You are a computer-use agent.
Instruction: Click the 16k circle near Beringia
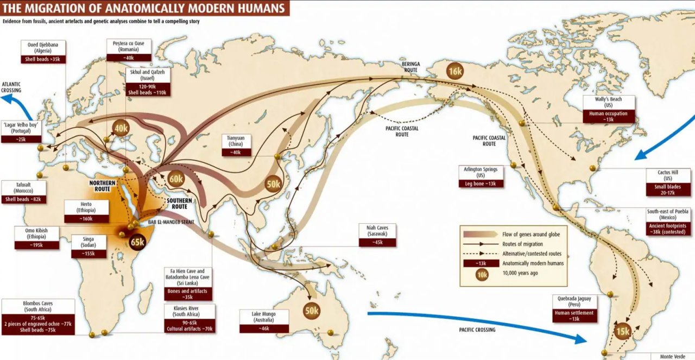pyautogui.click(x=455, y=71)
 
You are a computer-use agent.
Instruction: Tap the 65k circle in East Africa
pyautogui.click(x=137, y=242)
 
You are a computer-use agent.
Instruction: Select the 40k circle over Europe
pyautogui.click(x=121, y=128)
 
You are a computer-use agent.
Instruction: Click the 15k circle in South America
pyautogui.click(x=623, y=331)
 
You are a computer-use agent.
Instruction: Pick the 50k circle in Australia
pyautogui.click(x=312, y=311)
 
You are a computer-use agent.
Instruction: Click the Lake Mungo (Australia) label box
pyautogui.click(x=264, y=320)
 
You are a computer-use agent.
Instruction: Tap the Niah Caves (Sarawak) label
pyautogui.click(x=377, y=235)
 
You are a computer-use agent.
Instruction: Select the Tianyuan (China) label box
pyautogui.click(x=236, y=145)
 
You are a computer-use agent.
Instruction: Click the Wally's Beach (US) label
pyautogui.click(x=609, y=109)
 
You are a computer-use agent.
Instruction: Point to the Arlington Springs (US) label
pyautogui.click(x=481, y=176)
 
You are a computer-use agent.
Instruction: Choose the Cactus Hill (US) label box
pyautogui.click(x=667, y=182)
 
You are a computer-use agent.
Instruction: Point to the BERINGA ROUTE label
pyautogui.click(x=410, y=67)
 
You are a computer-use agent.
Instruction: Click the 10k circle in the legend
pyautogui.click(x=481, y=274)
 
